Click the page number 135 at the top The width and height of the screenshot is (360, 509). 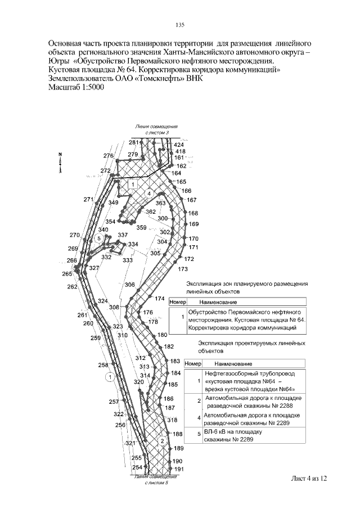click(180, 25)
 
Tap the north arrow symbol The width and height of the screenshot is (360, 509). click(60, 163)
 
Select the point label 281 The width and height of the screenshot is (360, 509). click(133, 142)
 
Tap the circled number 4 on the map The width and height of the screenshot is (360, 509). click(148, 193)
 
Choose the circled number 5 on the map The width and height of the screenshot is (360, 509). click(99, 238)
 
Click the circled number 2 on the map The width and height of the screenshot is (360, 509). click(162, 441)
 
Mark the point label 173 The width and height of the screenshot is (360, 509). click(182, 269)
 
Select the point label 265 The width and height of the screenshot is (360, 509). click(67, 274)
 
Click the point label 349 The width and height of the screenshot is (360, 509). click(113, 202)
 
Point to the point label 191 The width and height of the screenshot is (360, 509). click(179, 469)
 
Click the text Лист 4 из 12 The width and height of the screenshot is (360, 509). click(309, 478)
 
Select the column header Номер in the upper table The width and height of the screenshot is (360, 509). click(177, 302)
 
